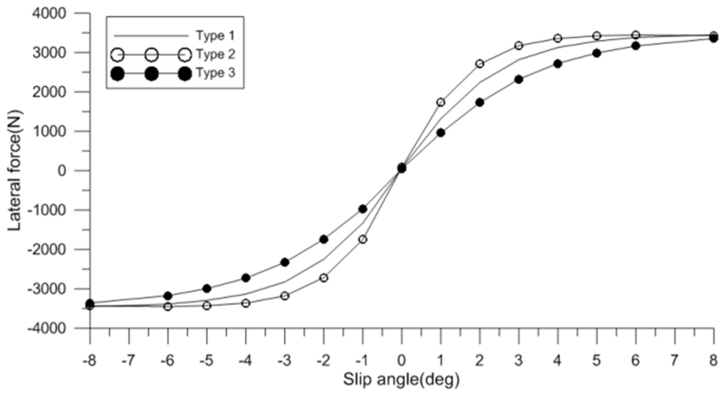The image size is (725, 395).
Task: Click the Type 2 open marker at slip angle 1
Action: (x=441, y=102)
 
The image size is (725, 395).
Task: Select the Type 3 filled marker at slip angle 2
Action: (x=480, y=102)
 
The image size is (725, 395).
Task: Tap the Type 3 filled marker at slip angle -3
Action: (x=285, y=262)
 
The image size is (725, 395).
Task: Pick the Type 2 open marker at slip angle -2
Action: (x=324, y=278)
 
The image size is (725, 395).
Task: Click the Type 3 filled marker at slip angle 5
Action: (x=597, y=53)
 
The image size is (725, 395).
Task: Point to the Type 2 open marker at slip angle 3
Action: (x=519, y=46)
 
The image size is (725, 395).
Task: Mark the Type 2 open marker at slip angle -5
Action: (x=206, y=306)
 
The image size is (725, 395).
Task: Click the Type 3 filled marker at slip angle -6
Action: (x=168, y=296)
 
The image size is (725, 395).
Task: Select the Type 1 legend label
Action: (x=215, y=36)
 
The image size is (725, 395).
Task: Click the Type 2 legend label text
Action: (x=215, y=55)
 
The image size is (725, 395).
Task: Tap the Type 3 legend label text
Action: (x=215, y=73)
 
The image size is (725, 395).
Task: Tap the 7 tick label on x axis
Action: (x=675, y=361)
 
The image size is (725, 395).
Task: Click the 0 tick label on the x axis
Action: (x=402, y=361)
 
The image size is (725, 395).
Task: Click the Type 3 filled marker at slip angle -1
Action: (x=362, y=209)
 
